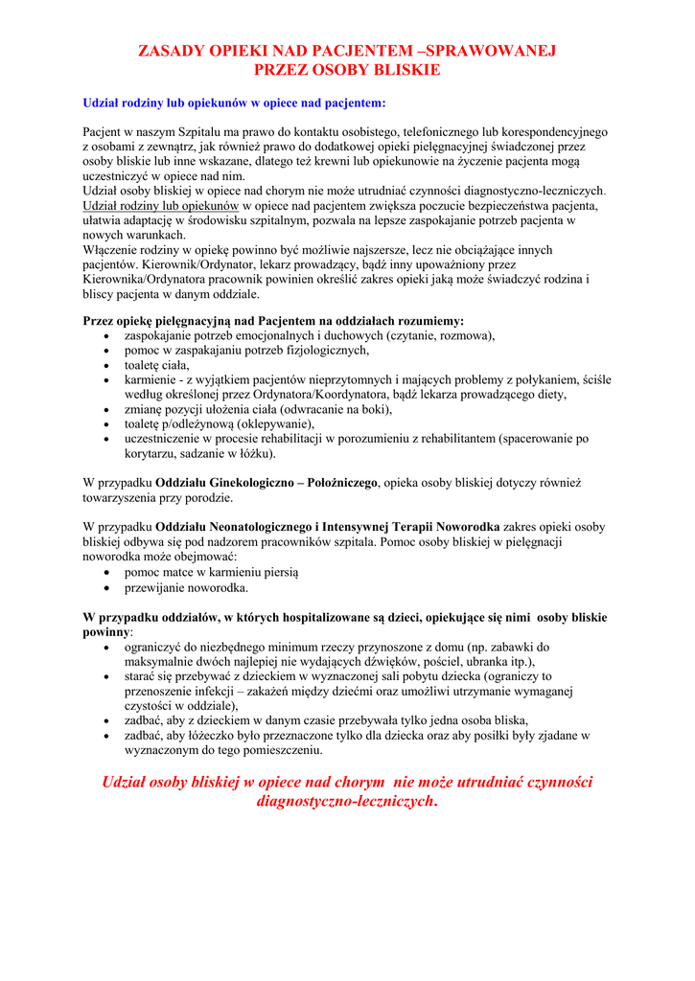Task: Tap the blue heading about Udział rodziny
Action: [x=235, y=102]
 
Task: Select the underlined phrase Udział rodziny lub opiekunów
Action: [x=161, y=206]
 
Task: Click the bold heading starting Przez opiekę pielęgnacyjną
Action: [x=273, y=321]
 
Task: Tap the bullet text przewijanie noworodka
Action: [x=186, y=587]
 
